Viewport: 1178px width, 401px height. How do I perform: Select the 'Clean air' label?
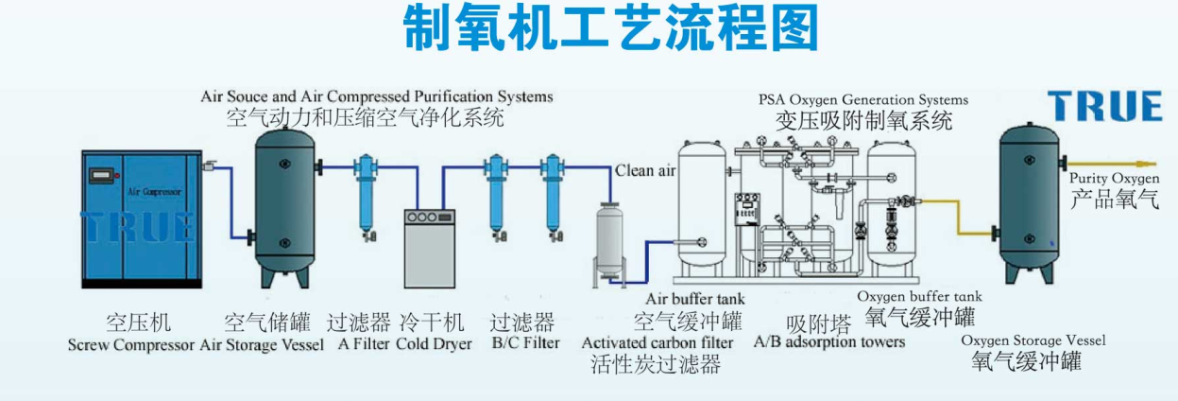click(646, 171)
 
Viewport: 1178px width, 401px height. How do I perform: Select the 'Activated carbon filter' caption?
click(657, 341)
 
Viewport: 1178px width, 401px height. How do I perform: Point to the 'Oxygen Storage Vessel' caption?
click(1033, 340)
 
